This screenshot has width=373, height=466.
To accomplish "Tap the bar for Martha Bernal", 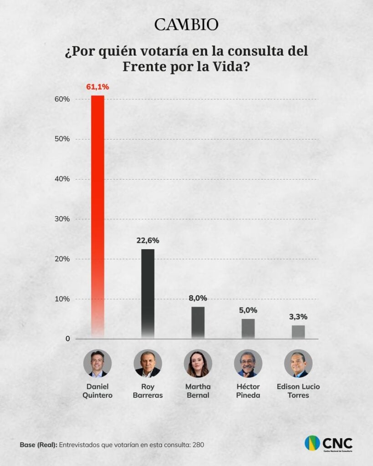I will click(x=198, y=322).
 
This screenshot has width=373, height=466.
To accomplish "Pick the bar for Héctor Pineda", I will click(x=248, y=328).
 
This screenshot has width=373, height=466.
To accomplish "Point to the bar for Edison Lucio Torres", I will click(x=298, y=332).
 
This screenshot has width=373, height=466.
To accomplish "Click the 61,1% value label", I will click(x=97, y=86).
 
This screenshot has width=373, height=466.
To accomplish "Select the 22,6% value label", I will click(x=148, y=240).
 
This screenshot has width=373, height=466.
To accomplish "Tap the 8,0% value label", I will click(x=198, y=299).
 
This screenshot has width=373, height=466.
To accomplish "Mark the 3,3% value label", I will click(x=298, y=317).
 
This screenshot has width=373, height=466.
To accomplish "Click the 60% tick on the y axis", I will click(x=63, y=99).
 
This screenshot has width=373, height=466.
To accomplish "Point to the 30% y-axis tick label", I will click(x=63, y=219).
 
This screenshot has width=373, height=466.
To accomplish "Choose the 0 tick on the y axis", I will click(x=67, y=339).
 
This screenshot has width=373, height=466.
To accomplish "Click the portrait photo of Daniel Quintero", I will click(x=97, y=364).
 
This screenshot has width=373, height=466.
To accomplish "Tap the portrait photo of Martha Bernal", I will click(x=198, y=364).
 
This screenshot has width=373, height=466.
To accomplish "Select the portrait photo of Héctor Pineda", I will click(x=248, y=364).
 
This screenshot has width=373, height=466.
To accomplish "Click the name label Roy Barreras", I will click(x=148, y=391).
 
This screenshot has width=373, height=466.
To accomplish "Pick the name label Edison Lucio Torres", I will click(x=298, y=391).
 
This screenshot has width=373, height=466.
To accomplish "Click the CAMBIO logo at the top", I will click(x=186, y=25).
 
